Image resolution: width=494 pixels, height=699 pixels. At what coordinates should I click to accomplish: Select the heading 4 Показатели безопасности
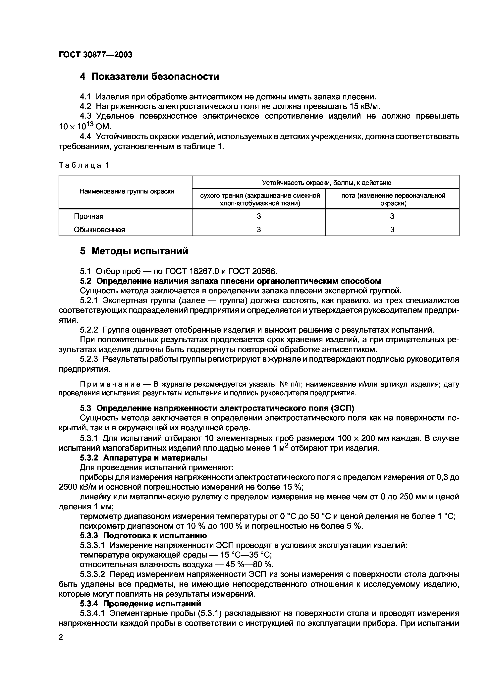coord(149,76)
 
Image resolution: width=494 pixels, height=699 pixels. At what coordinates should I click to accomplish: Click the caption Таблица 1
coord(84,165)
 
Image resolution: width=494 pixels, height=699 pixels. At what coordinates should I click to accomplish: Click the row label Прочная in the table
coord(88,216)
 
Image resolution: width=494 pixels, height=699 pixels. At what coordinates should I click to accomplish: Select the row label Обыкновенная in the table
coord(99,230)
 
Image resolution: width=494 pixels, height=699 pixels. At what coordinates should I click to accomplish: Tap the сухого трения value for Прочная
coord(258,216)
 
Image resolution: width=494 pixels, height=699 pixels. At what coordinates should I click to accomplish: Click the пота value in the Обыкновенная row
coord(392,230)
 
